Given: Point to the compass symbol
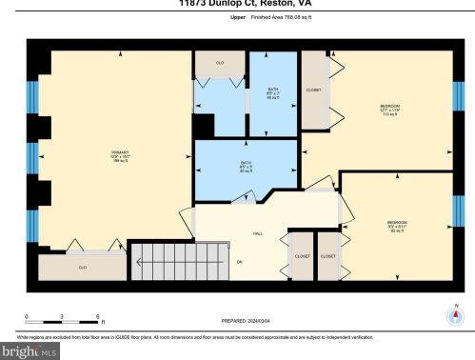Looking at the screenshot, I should [x=455, y=318].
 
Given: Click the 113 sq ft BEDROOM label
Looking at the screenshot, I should [x=390, y=107].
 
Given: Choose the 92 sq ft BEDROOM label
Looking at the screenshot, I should [x=397, y=226].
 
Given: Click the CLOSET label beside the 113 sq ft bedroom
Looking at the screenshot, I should [x=313, y=90].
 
